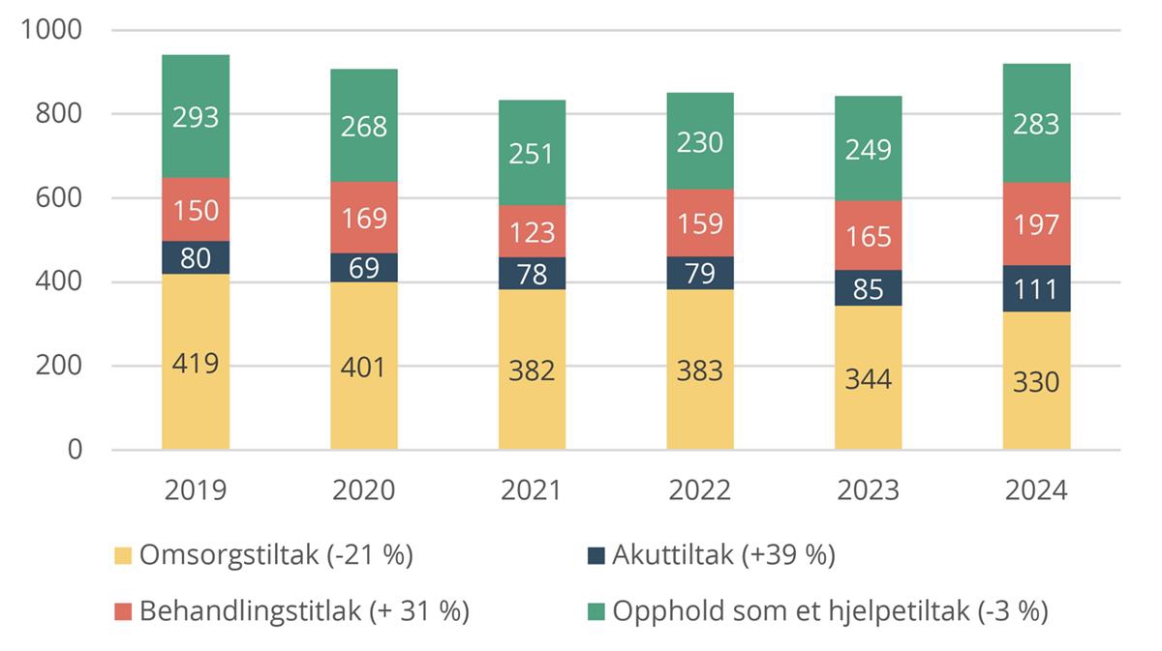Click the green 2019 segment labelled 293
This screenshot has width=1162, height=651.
tap(196, 116)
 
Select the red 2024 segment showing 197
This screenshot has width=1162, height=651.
tap(1036, 223)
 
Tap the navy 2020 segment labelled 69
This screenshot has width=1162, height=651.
tap(363, 268)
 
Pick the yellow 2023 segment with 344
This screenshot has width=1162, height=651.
tap(868, 377)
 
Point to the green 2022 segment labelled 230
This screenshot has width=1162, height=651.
tap(699, 143)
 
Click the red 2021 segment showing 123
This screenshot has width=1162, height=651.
tap(532, 231)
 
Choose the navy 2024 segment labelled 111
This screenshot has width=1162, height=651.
tap(1036, 288)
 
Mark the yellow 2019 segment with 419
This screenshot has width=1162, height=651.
tap(196, 363)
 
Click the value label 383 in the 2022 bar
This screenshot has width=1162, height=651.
tap(699, 370)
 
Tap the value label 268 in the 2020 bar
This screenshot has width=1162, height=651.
tap(363, 127)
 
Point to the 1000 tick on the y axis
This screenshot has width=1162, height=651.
tap(51, 31)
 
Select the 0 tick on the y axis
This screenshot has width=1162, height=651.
tap(75, 450)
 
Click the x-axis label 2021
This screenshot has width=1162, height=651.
tap(532, 490)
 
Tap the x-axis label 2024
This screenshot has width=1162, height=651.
tap(1036, 490)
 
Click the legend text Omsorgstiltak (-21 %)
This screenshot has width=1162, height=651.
tap(276, 555)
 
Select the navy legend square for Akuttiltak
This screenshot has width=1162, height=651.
tap(596, 556)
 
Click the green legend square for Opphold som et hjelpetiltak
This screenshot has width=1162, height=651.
tap(596, 612)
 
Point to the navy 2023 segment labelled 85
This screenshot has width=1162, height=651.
tap(868, 288)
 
